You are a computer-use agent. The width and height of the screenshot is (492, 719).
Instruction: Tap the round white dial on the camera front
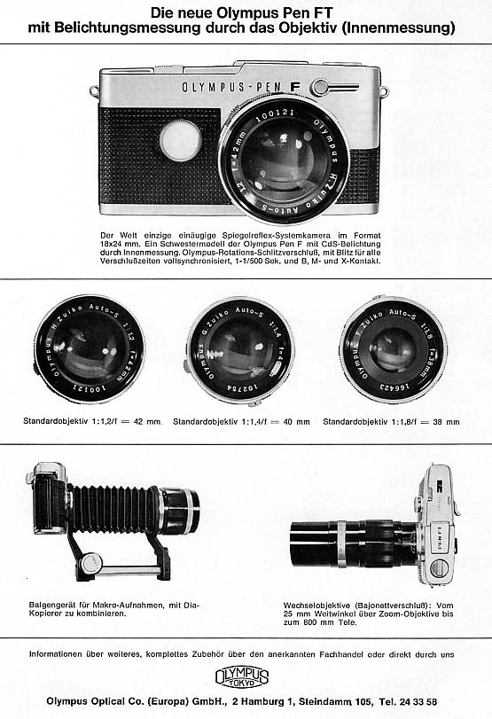(181, 140)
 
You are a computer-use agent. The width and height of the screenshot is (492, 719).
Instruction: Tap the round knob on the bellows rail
(89, 562)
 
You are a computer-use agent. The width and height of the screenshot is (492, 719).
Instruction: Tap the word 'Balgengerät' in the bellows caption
(54, 605)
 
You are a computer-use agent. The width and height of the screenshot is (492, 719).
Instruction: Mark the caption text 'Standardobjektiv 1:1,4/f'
(219, 421)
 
